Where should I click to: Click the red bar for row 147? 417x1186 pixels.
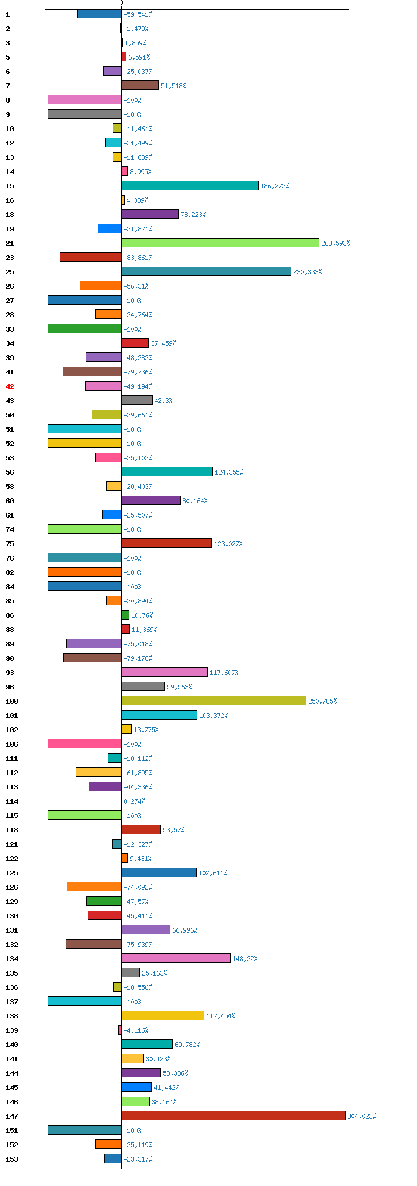tap(234, 1116)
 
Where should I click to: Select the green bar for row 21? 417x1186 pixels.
tap(220, 243)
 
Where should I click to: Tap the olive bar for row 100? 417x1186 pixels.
tap(214, 701)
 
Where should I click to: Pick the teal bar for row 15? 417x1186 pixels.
tap(190, 185)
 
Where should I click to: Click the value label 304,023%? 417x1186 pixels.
tap(362, 1116)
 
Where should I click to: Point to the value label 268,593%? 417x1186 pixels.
tap(335, 243)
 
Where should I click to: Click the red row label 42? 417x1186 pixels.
tap(10, 386)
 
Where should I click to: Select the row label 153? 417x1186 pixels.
tap(12, 1159)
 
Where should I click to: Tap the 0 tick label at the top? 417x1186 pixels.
tap(121, 3)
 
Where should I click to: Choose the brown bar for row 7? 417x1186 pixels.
tap(141, 85)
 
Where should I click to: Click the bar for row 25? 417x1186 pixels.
tap(207, 271)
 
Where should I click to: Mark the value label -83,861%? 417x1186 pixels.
tap(138, 258)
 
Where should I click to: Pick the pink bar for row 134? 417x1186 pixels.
tap(176, 958)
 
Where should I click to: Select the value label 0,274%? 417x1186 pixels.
tap(134, 801)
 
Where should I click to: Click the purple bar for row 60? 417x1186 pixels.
tap(151, 500)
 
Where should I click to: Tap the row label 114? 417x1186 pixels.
tap(12, 801)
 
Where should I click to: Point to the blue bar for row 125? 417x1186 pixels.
tap(159, 872)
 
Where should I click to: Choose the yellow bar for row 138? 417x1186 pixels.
tap(163, 1015)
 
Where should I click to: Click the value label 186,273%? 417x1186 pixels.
tap(275, 186)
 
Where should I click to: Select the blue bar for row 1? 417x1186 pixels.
tap(99, 14)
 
